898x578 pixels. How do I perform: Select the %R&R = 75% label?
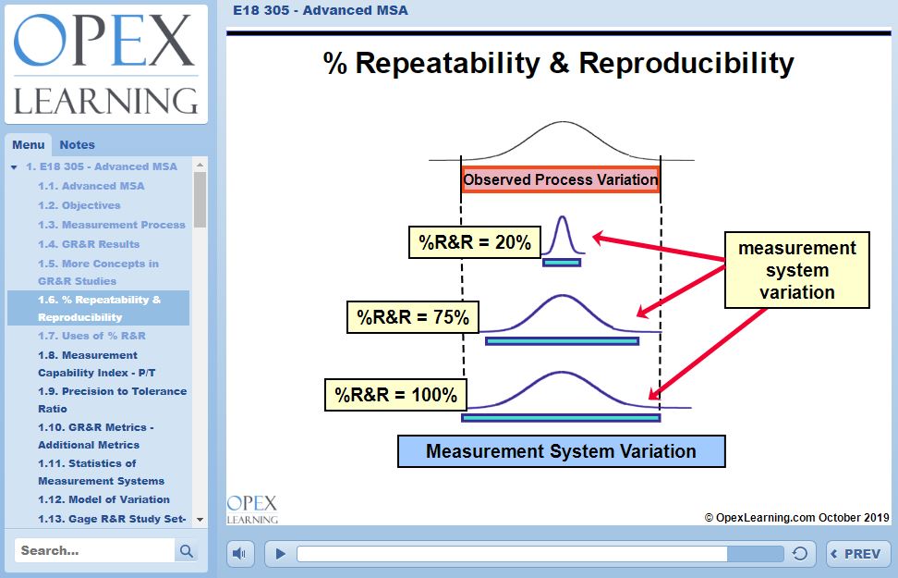tap(413, 318)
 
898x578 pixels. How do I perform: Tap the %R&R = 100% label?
tap(396, 395)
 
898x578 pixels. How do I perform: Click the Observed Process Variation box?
tap(561, 179)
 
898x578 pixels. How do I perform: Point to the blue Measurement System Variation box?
tap(561, 451)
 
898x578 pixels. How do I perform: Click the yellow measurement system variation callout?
tap(796, 270)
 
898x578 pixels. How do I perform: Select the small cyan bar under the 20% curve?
tap(562, 263)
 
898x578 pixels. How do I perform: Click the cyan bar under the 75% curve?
tap(562, 341)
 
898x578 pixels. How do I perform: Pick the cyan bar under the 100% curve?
tap(561, 418)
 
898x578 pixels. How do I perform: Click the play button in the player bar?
tap(281, 554)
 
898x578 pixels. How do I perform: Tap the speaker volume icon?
tap(240, 554)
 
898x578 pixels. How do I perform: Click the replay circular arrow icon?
tap(800, 554)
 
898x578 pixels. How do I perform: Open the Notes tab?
tap(77, 144)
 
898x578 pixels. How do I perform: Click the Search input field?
tap(95, 550)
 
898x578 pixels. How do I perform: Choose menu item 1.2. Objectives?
tap(79, 205)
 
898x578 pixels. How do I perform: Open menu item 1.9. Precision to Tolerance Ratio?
tap(112, 400)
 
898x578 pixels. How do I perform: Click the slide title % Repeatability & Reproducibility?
tap(558, 63)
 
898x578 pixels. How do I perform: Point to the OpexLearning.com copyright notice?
tap(796, 518)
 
